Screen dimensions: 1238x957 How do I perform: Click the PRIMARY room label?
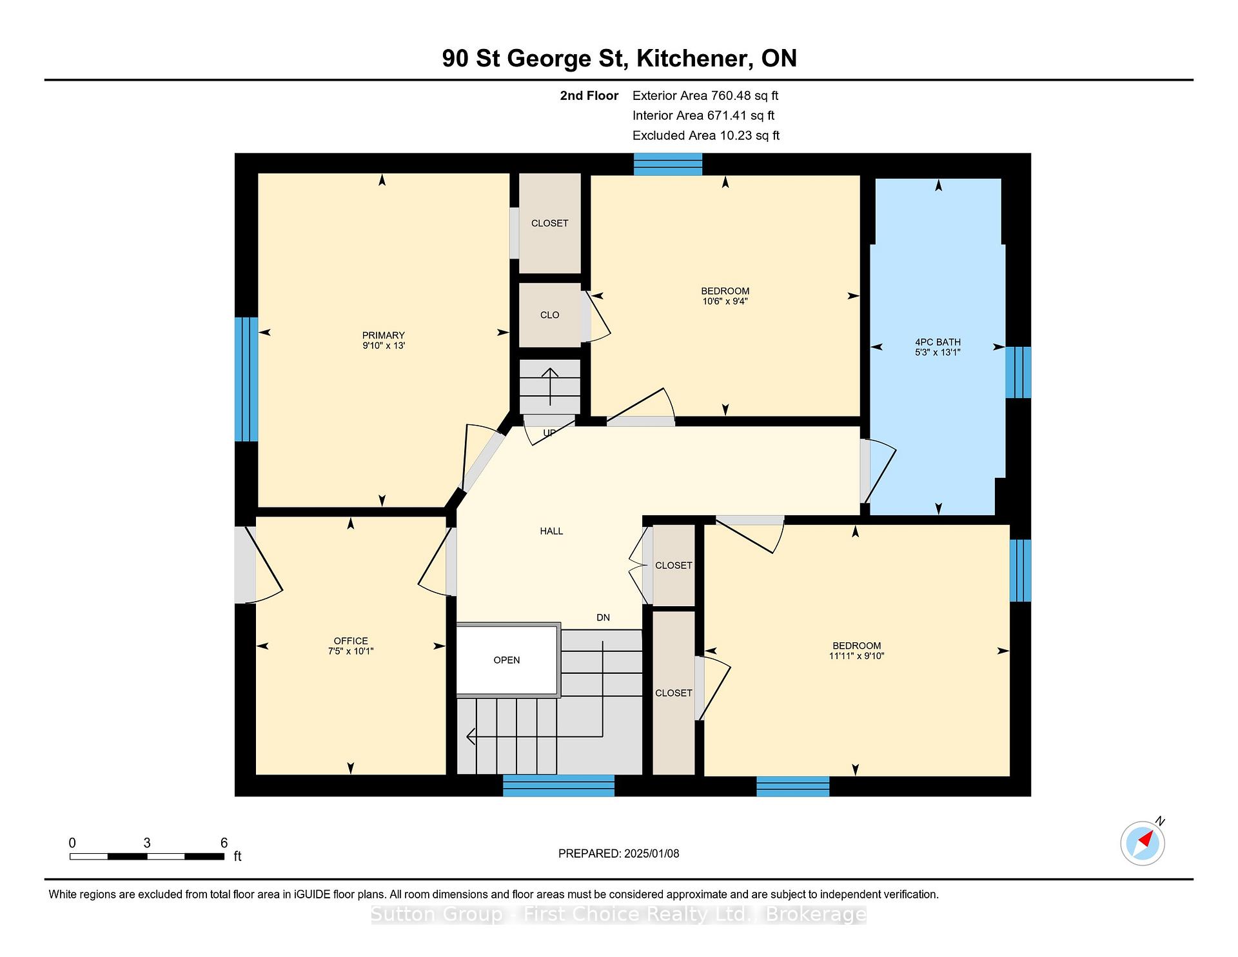[384, 335]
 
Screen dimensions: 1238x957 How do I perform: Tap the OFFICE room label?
[351, 641]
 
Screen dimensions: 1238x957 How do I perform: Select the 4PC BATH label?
[938, 342]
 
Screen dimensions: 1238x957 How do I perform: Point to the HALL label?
[551, 531]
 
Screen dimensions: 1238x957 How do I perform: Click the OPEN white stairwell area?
[507, 660]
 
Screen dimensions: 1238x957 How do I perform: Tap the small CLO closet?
[550, 315]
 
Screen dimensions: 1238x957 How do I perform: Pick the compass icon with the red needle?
[1143, 843]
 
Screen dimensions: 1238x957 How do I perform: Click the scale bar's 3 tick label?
[147, 843]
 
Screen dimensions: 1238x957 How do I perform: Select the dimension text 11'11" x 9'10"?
[856, 656]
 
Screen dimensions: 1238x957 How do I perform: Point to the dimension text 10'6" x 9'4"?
[725, 301]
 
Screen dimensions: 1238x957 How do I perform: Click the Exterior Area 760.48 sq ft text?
[705, 95]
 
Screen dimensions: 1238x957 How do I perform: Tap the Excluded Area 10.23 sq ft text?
[706, 135]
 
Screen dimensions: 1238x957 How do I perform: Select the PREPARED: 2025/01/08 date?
[619, 854]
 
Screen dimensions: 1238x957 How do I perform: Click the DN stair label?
[603, 618]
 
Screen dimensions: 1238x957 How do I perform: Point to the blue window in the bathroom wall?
[1018, 372]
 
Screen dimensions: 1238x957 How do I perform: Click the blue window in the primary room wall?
[246, 379]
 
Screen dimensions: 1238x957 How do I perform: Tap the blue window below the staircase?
[558, 785]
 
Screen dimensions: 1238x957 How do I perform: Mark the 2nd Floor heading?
[589, 95]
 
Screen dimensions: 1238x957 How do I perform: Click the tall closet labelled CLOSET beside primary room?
[550, 223]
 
